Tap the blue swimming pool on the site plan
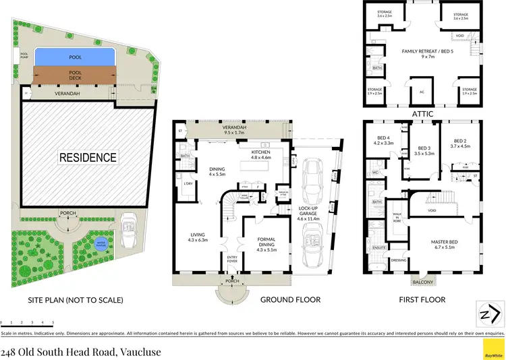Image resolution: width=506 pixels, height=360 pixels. point(75,57)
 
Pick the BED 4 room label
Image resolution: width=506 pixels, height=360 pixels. point(383,141)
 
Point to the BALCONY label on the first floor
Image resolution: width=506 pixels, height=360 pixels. point(423,283)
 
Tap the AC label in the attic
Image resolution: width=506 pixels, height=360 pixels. point(423,92)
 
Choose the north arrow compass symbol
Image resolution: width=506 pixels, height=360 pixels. point(490,313)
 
